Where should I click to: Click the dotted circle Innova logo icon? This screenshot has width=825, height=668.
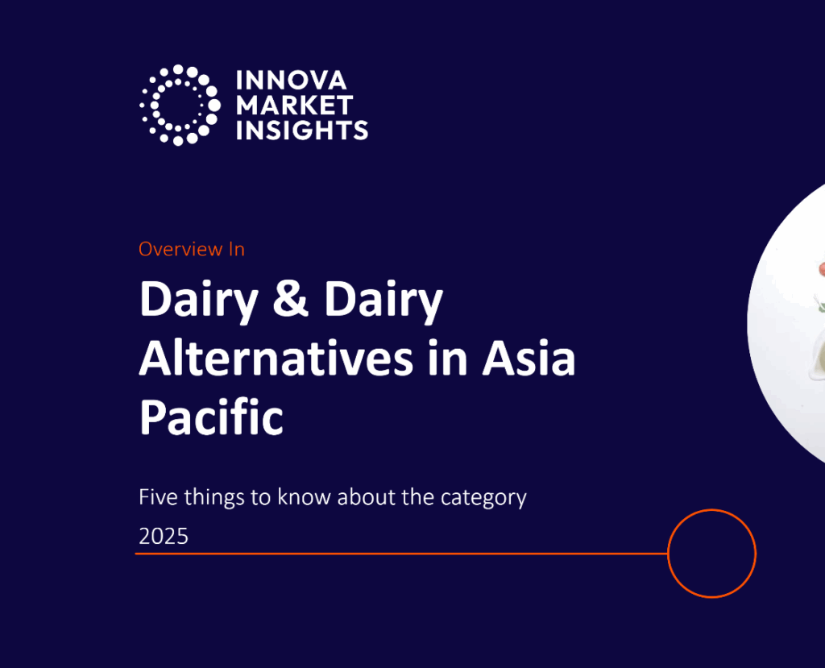point(180,105)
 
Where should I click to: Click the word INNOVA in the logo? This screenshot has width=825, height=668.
point(291,81)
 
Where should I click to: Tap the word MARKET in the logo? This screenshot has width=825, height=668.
point(294,105)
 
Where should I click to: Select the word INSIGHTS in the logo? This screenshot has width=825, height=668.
point(301,129)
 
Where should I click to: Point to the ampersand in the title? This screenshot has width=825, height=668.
point(292,301)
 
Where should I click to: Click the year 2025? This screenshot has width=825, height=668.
point(164,536)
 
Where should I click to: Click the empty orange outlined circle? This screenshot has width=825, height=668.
point(712,554)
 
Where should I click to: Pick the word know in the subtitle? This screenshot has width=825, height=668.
point(305,497)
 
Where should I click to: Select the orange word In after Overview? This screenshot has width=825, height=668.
point(236,249)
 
